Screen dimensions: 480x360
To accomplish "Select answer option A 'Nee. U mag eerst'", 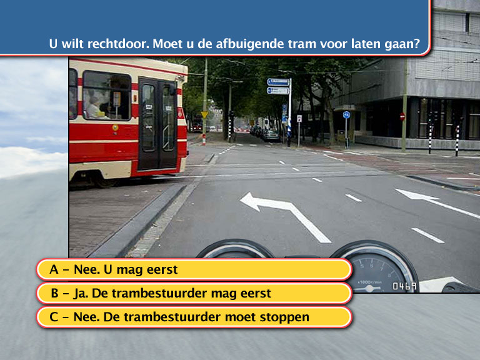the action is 194,269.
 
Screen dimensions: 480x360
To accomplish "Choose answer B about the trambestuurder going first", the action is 194,293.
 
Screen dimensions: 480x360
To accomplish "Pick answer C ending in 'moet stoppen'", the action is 194,317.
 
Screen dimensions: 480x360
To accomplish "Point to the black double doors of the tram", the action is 157,123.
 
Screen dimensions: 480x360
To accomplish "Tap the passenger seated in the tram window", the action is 95,107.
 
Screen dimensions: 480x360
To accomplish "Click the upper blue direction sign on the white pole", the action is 278,82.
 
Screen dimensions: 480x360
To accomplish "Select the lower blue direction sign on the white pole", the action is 278,91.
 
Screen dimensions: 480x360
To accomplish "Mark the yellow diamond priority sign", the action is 204,115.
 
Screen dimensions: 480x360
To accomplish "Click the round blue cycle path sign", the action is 346,115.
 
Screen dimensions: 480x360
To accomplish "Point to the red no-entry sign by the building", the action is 402,116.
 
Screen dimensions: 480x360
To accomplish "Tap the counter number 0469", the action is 404,286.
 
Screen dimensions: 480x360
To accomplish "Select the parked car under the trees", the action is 271,136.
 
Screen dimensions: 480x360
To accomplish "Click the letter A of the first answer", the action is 54,269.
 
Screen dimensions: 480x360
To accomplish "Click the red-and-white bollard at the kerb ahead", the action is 204,139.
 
